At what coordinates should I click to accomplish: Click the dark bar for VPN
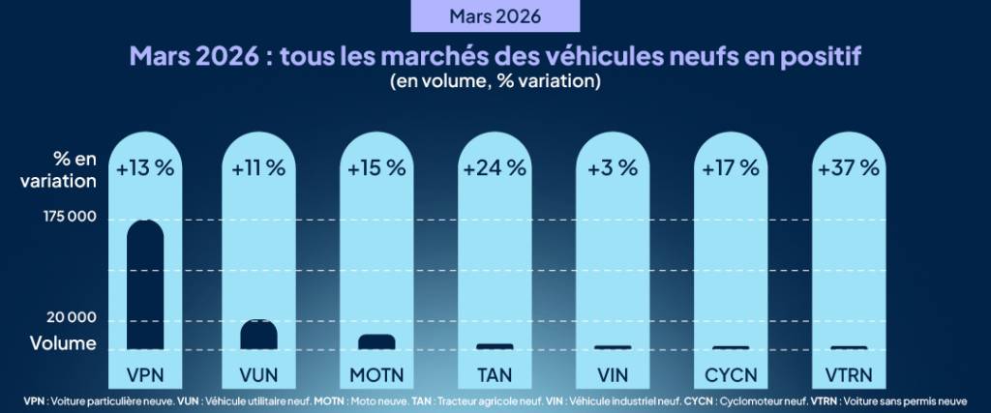145,284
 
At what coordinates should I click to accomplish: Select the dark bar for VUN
259,335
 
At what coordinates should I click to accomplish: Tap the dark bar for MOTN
376,341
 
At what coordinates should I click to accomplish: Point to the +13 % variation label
145,167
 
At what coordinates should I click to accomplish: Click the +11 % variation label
258,167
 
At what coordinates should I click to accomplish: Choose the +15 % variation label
376,167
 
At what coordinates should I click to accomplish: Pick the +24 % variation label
495,167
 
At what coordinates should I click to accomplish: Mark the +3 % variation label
613,167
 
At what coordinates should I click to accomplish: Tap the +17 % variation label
731,167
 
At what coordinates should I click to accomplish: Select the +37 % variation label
849,167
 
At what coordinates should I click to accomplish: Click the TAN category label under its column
495,373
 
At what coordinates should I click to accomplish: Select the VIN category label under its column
613,373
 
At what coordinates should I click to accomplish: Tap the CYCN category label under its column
731,373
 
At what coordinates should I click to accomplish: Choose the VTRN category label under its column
849,373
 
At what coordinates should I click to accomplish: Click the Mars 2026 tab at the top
495,16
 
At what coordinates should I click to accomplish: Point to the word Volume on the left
63,342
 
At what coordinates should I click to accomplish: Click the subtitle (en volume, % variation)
495,82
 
